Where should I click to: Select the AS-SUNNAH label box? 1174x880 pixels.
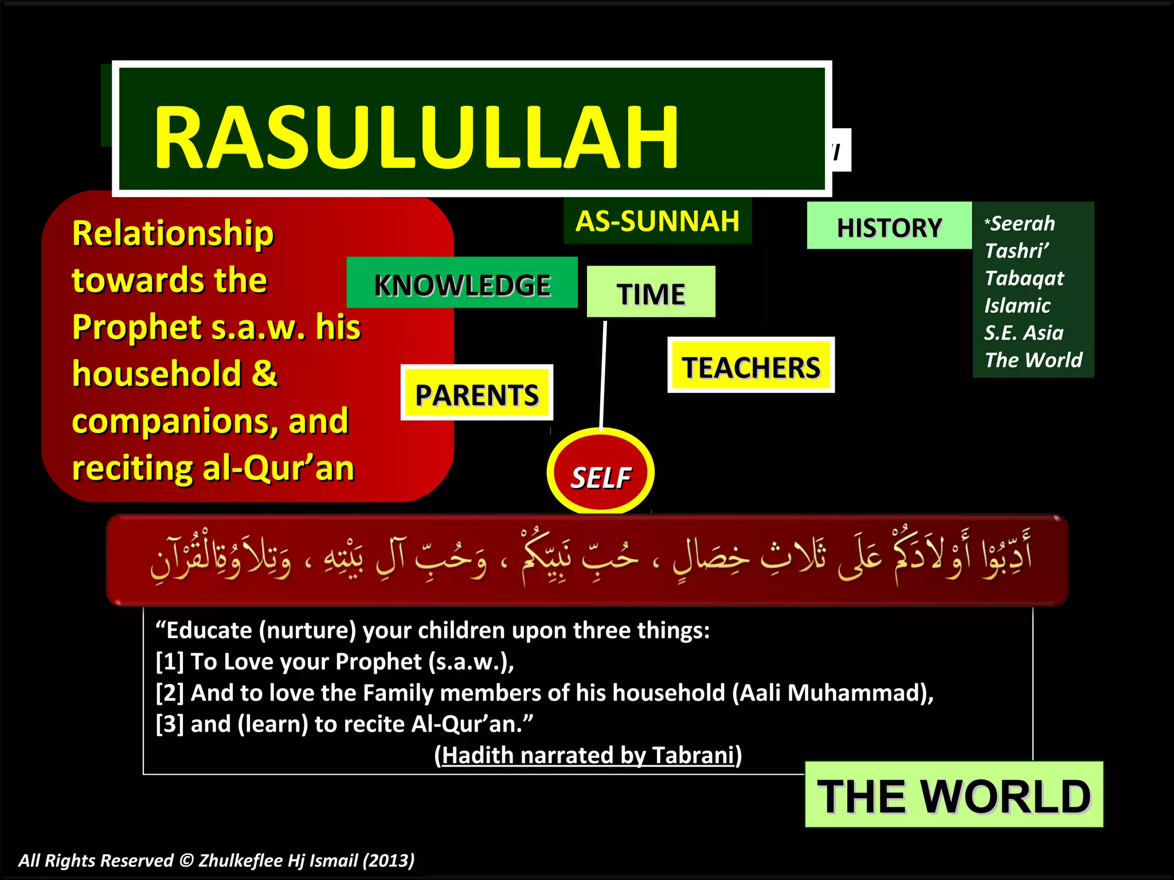pyautogui.click(x=658, y=221)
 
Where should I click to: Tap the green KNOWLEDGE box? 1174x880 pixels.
pyautogui.click(x=462, y=284)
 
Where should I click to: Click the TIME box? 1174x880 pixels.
pyautogui.click(x=651, y=293)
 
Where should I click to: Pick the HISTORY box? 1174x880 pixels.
pyautogui.click(x=889, y=227)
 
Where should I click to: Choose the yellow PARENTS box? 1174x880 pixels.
pyautogui.click(x=476, y=394)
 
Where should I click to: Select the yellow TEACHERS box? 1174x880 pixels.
pyautogui.click(x=751, y=366)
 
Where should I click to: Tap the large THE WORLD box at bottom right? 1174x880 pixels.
pyautogui.click(x=953, y=795)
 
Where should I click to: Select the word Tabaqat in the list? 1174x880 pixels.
pyautogui.click(x=1024, y=278)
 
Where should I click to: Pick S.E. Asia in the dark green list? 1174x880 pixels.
pyautogui.click(x=1024, y=333)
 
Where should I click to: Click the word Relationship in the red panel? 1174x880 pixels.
pyautogui.click(x=173, y=234)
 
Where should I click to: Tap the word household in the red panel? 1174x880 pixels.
pyautogui.click(x=157, y=374)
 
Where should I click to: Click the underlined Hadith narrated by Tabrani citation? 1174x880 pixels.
pyautogui.click(x=588, y=756)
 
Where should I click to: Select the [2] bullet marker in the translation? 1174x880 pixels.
pyautogui.click(x=170, y=693)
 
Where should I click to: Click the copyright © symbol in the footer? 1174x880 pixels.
pyautogui.click(x=186, y=861)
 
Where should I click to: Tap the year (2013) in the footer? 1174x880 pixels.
pyautogui.click(x=389, y=861)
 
